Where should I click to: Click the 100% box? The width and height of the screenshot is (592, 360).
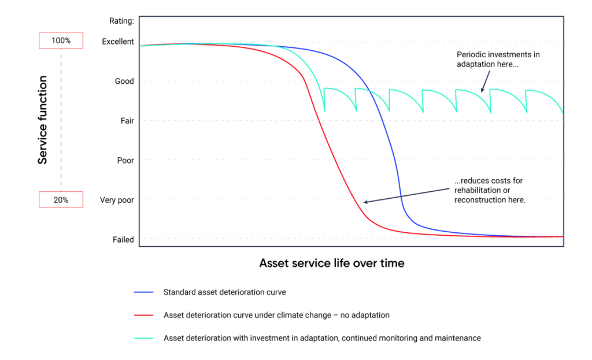(x=61, y=40)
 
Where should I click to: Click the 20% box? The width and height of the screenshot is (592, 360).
(x=61, y=199)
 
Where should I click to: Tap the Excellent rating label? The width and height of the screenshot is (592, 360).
(x=117, y=42)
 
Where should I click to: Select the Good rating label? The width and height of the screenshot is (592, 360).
(x=124, y=81)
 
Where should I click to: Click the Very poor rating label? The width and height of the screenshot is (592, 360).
(x=117, y=200)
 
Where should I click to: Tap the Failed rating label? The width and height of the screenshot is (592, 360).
(x=123, y=239)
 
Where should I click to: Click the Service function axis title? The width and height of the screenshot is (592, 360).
(x=43, y=120)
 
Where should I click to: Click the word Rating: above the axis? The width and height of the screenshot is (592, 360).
(x=121, y=21)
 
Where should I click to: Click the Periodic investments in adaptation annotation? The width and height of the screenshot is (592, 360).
(x=497, y=60)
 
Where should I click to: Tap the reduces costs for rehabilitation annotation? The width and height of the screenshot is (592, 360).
(x=490, y=190)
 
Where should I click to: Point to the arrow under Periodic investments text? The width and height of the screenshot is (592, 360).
(x=486, y=81)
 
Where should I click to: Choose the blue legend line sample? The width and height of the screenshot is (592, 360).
(x=142, y=292)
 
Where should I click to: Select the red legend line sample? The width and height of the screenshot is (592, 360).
(x=142, y=316)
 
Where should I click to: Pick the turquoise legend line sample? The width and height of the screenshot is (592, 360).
(x=142, y=338)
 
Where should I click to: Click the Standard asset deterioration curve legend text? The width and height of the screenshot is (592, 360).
(x=224, y=292)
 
